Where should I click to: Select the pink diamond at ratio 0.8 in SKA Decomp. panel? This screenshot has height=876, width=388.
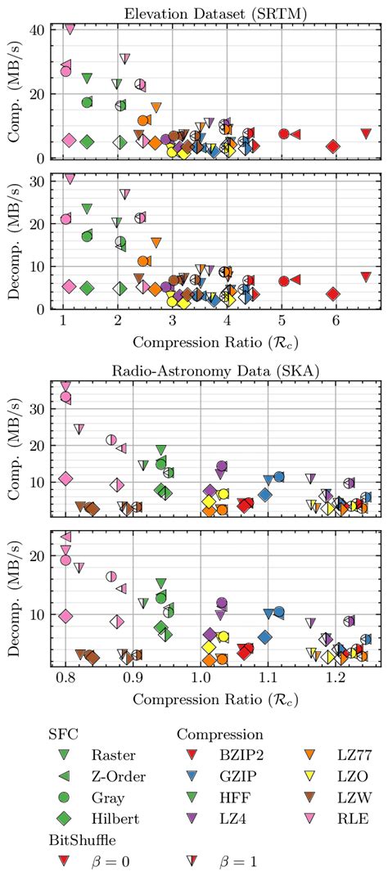click(x=65, y=616)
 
